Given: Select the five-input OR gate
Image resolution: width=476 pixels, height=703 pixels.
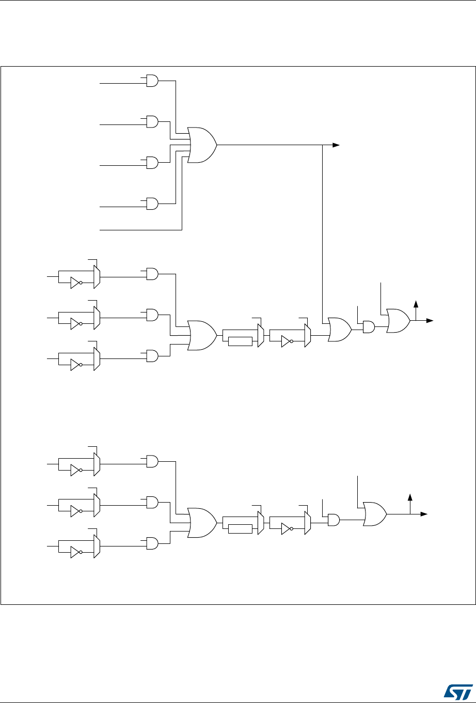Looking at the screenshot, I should click(202, 145).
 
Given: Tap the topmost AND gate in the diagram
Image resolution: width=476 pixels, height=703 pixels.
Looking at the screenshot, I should click(152, 81).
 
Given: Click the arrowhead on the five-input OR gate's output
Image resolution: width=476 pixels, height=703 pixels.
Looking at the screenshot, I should click(336, 145).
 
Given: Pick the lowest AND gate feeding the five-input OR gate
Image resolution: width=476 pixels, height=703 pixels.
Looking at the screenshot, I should click(152, 204).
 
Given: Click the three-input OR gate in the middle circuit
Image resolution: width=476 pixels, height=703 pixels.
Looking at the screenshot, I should click(202, 335).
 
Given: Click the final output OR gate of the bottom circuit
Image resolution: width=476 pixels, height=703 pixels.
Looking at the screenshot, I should click(375, 514).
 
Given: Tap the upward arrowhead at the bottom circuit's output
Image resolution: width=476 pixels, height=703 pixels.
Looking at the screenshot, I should click(410, 496).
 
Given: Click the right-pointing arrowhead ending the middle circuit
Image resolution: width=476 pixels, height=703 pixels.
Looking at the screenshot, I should click(432, 320).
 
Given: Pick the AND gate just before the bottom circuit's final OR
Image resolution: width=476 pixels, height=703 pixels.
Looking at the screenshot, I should click(333, 520).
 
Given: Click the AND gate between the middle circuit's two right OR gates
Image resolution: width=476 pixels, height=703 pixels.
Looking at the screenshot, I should click(369, 326).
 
